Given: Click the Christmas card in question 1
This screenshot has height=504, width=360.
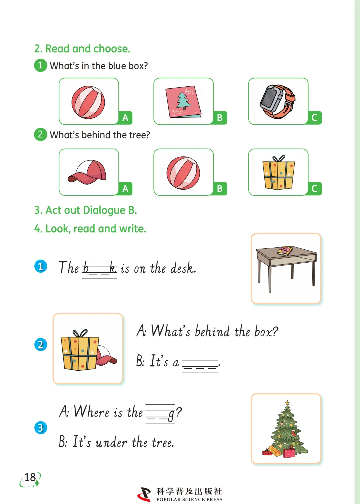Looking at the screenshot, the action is coord(183,101).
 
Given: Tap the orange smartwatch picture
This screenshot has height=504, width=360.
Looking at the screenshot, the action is coord(278,102).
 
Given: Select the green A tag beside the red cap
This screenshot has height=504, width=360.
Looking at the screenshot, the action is coord(125,188).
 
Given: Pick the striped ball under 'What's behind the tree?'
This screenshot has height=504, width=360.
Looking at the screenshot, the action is coord(183,173).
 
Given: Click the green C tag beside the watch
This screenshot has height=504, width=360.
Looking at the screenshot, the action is coord(315,118).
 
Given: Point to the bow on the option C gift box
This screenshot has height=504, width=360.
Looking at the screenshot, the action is coord(279,158).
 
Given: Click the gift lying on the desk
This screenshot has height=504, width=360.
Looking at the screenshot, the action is coord(285,251).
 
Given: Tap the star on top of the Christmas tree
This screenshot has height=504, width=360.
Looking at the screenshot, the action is coord(287,403).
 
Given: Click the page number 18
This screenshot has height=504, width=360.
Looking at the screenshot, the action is coord(30,477).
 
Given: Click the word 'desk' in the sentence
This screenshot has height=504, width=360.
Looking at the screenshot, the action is coord(183,268).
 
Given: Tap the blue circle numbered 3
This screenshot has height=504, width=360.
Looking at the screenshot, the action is coord(41,428).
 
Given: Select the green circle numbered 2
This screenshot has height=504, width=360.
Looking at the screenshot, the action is coord(41,135).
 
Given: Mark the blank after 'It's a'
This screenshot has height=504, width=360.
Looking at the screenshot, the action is coord(200,363).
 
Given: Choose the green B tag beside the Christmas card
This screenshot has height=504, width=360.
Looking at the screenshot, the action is coord(220,118).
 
